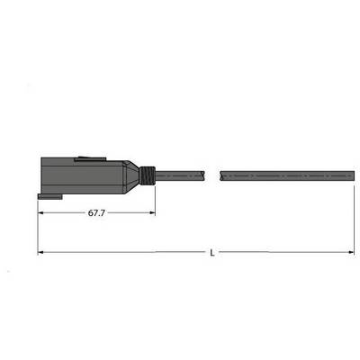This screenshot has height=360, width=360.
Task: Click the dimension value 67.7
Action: (96, 213)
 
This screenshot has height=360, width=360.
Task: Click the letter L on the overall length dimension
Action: (212, 253)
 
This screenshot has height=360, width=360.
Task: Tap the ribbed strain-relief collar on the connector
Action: (148, 175)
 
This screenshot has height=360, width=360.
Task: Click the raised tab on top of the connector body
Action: (90, 158)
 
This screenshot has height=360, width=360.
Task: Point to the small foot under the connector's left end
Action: (50, 196)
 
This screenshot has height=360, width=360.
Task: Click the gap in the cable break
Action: (212, 175)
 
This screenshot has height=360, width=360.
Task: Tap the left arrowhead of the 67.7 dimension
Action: (41, 213)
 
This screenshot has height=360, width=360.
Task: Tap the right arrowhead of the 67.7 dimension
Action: (152, 213)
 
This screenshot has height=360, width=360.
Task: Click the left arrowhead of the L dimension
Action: (41, 252)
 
